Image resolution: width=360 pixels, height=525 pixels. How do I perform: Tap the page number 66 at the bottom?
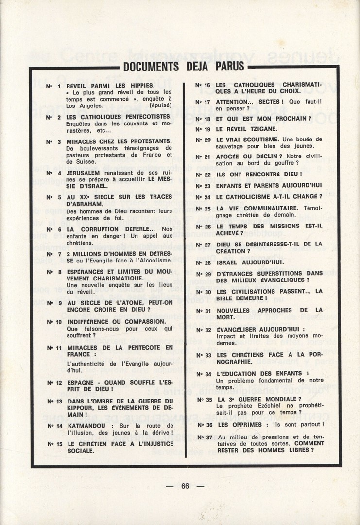tap(185, 486)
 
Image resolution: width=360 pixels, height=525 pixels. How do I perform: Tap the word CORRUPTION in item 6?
tap(101, 229)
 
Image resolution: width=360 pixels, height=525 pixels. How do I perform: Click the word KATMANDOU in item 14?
tap(86, 426)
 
